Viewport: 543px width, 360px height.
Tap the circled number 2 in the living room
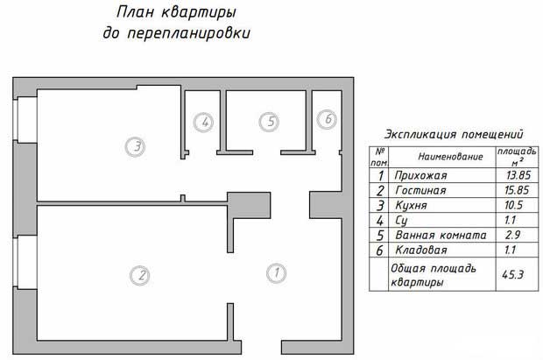pyautogui.click(x=139, y=275)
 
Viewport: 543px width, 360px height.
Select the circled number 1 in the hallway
pyautogui.click(x=275, y=273)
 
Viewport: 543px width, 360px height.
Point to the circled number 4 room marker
pyautogui.click(x=203, y=123)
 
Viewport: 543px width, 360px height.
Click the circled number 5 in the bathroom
pyautogui.click(x=271, y=123)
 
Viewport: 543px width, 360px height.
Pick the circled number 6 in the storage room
pyautogui.click(x=327, y=118)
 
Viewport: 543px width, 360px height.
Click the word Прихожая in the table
pyautogui.click(x=421, y=175)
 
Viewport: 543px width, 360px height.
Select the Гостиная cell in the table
pyautogui.click(x=420, y=190)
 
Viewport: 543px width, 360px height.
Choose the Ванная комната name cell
pyautogui.click(x=440, y=235)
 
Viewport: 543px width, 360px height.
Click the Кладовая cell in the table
pyautogui.click(x=420, y=250)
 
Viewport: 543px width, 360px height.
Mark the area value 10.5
pyautogui.click(x=510, y=205)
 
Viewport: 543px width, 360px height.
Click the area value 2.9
pyautogui.click(x=510, y=235)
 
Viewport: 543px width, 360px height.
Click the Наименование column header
pyautogui.click(x=450, y=156)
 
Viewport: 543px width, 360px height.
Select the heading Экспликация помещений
pyautogui.click(x=454, y=135)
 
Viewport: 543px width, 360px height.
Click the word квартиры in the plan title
pyautogui.click(x=208, y=13)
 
